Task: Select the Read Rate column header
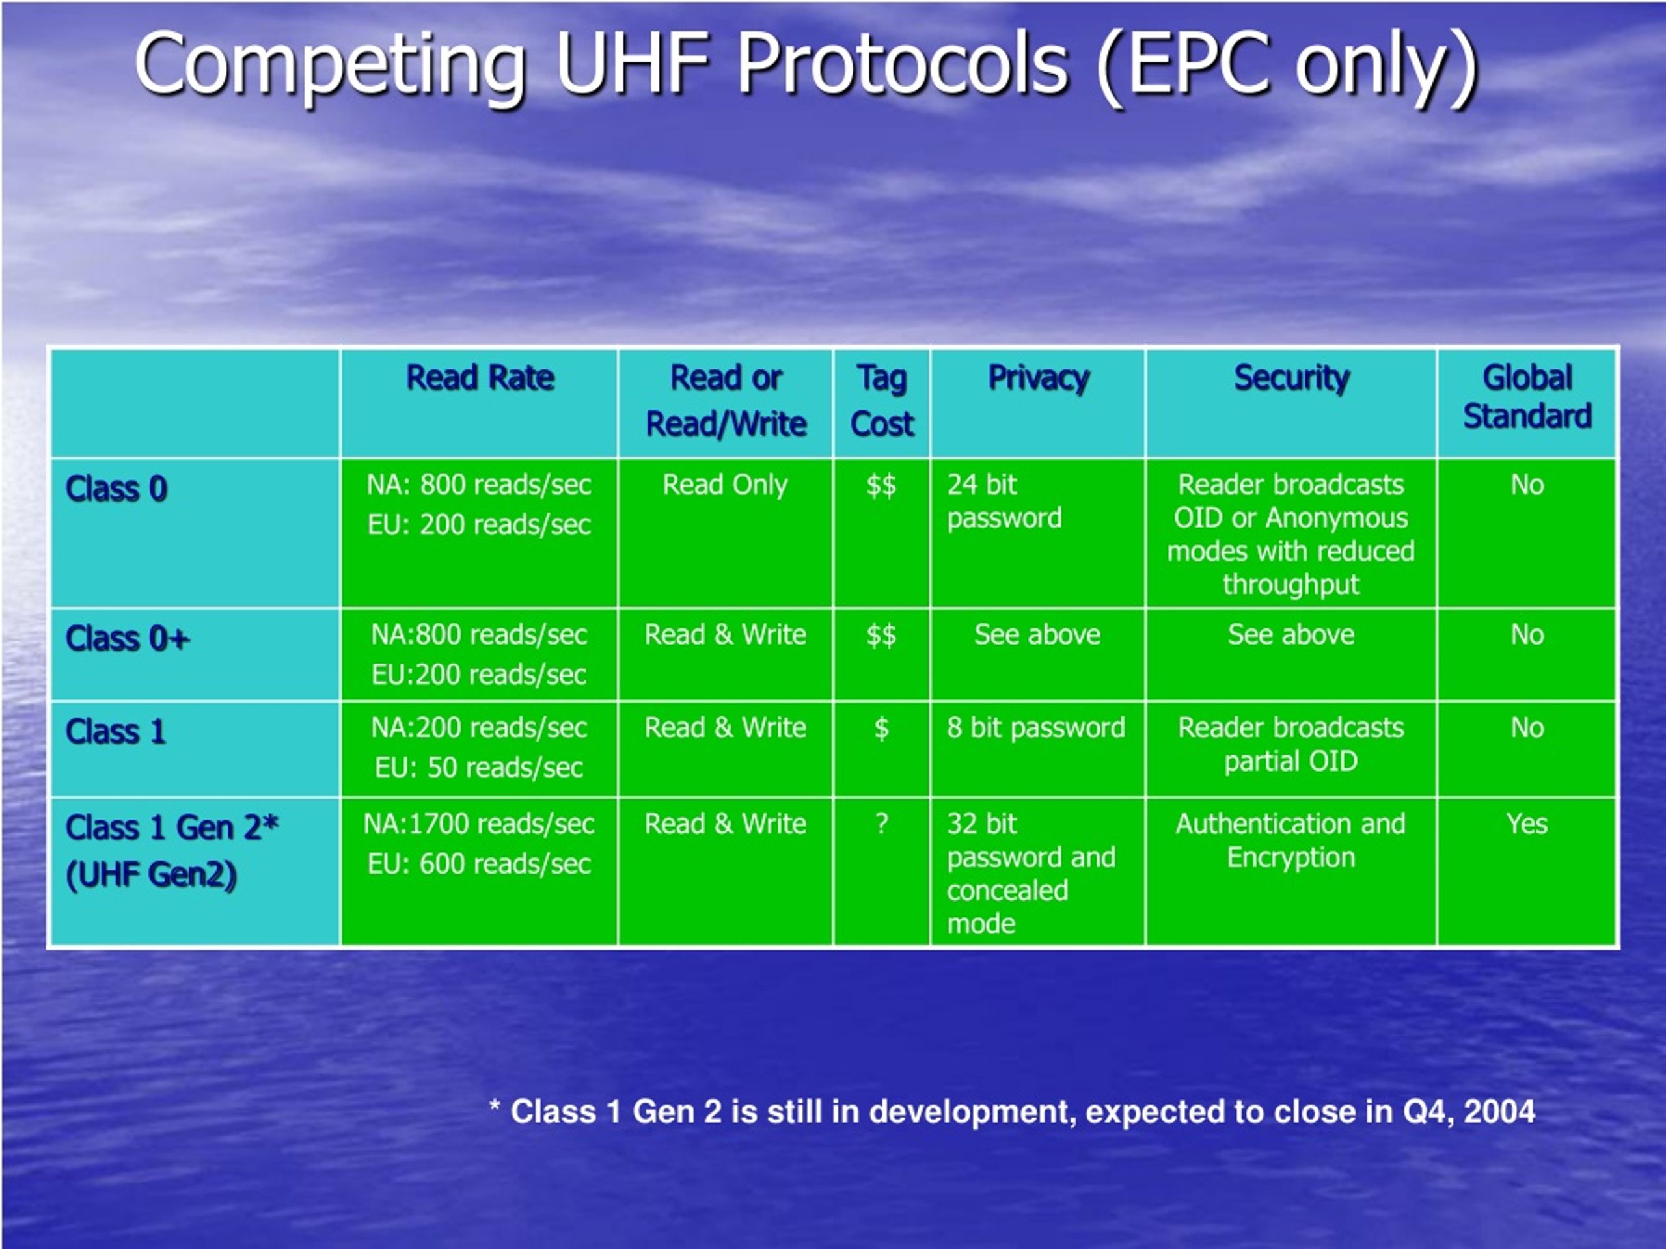480,378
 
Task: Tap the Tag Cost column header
882,401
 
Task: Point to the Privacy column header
1039,379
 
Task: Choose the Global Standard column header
1527,397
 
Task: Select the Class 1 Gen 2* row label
172,851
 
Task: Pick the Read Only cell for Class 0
726,485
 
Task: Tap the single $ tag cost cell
881,728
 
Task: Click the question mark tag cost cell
881,824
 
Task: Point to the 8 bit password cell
1035,728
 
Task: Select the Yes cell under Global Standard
1527,824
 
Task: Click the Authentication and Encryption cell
1291,841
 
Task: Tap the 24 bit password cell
1004,502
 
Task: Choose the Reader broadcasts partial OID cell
1291,745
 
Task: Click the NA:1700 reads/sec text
479,824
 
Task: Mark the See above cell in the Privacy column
1037,635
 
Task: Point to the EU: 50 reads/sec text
479,768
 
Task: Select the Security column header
1292,379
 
